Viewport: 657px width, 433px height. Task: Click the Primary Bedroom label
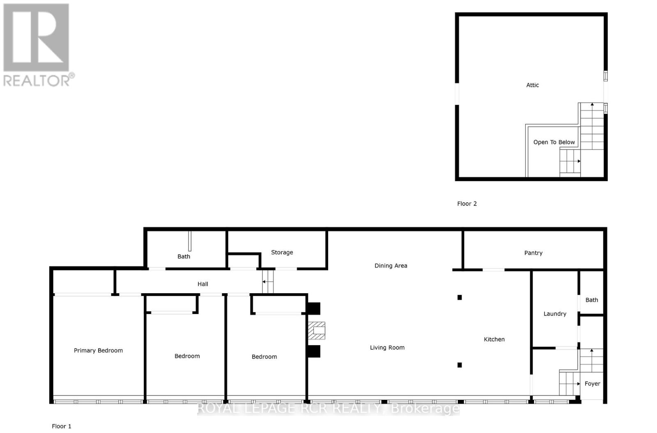[x=98, y=351]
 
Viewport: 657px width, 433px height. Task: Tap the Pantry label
[x=533, y=253]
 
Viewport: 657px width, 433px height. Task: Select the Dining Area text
[x=391, y=266]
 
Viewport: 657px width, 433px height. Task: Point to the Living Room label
[x=387, y=348]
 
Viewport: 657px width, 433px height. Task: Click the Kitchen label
[x=494, y=340]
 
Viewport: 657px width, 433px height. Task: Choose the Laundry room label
[x=555, y=314]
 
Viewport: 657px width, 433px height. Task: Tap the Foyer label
[x=592, y=384]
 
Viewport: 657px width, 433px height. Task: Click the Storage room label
[x=282, y=253]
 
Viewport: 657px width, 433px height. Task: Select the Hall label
[x=202, y=284]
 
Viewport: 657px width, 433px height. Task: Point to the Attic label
[x=532, y=85]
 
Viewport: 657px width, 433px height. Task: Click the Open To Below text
[x=554, y=142]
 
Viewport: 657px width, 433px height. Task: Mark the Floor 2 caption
[x=467, y=204]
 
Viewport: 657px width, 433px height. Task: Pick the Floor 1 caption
[x=62, y=426]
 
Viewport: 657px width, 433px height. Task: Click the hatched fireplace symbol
[x=317, y=330]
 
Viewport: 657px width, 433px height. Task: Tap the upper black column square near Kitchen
[x=459, y=298]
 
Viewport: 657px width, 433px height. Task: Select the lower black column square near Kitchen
[x=459, y=365]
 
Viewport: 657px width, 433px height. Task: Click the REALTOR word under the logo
[x=37, y=80]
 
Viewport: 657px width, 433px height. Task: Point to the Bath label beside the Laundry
[x=591, y=300]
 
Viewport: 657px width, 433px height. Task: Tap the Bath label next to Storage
[x=184, y=257]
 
